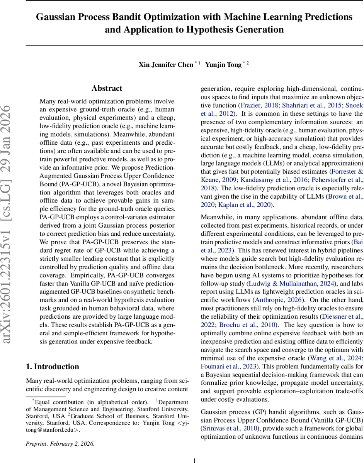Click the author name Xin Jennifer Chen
tap(166, 65)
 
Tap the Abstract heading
tap(107, 88)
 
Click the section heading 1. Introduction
tap(53, 367)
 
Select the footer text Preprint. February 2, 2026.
tap(60, 444)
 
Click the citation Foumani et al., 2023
tap(226, 366)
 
